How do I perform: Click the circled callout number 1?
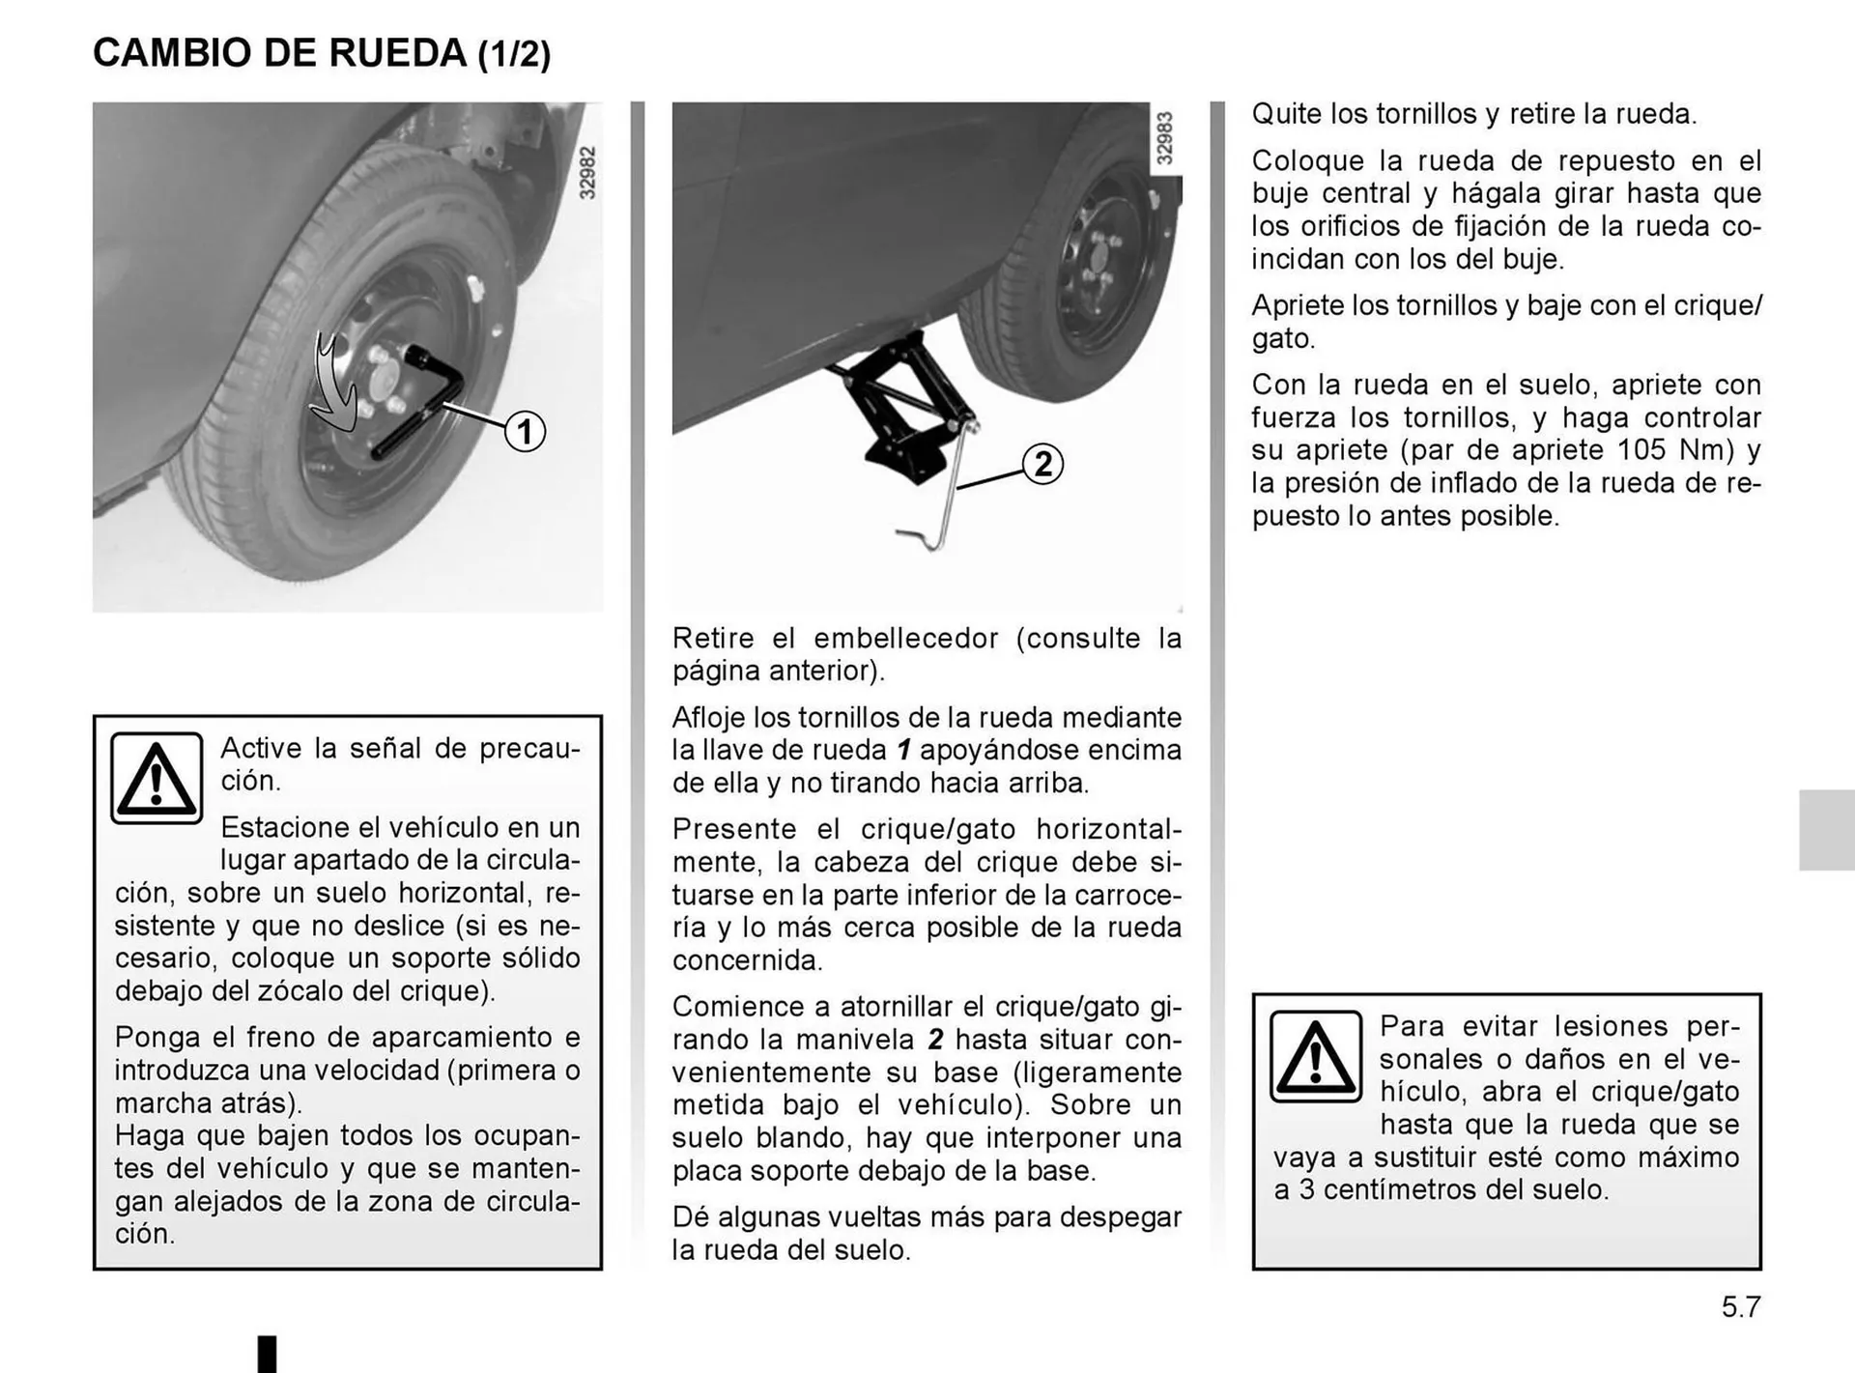point(525,431)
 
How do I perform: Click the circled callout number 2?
point(1042,464)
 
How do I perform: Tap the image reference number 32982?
point(587,173)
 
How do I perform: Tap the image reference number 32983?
point(1165,139)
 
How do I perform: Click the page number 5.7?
point(1741,1307)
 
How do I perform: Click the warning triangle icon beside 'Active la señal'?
point(157,778)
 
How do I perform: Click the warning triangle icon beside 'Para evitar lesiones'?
point(1315,1056)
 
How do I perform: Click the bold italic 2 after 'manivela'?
point(935,1040)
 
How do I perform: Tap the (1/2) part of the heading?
point(514,54)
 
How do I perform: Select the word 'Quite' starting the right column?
point(1286,114)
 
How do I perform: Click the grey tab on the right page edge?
point(1826,830)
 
